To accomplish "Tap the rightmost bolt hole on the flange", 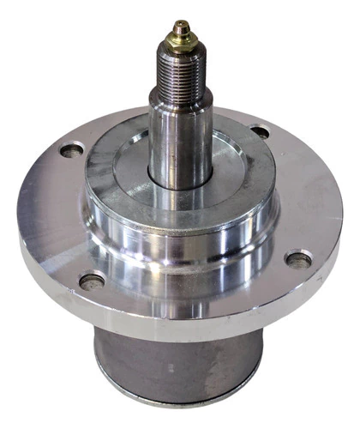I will pyautogui.click(x=297, y=258).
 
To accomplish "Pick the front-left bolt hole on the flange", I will pyautogui.click(x=91, y=280).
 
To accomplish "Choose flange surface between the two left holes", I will pyautogui.click(x=56, y=214).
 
